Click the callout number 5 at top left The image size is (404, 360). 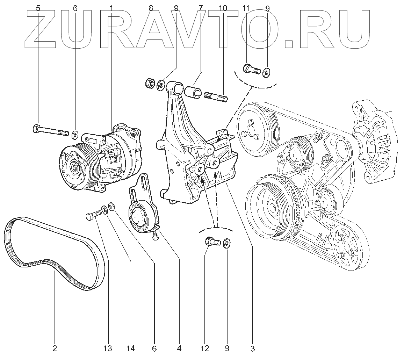pyautogui.click(x=38, y=8)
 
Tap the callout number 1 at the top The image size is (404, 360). pyautogui.click(x=111, y=8)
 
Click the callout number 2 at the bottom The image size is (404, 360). pyautogui.click(x=55, y=348)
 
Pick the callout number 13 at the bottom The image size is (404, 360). pyautogui.click(x=108, y=348)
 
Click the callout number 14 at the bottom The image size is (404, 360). pyautogui.click(x=131, y=348)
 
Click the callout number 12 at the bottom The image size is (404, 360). pyautogui.click(x=205, y=348)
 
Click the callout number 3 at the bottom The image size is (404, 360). pyautogui.click(x=253, y=348)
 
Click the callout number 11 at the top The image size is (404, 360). pyautogui.click(x=246, y=8)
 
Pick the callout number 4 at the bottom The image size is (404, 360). pyautogui.click(x=179, y=348)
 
